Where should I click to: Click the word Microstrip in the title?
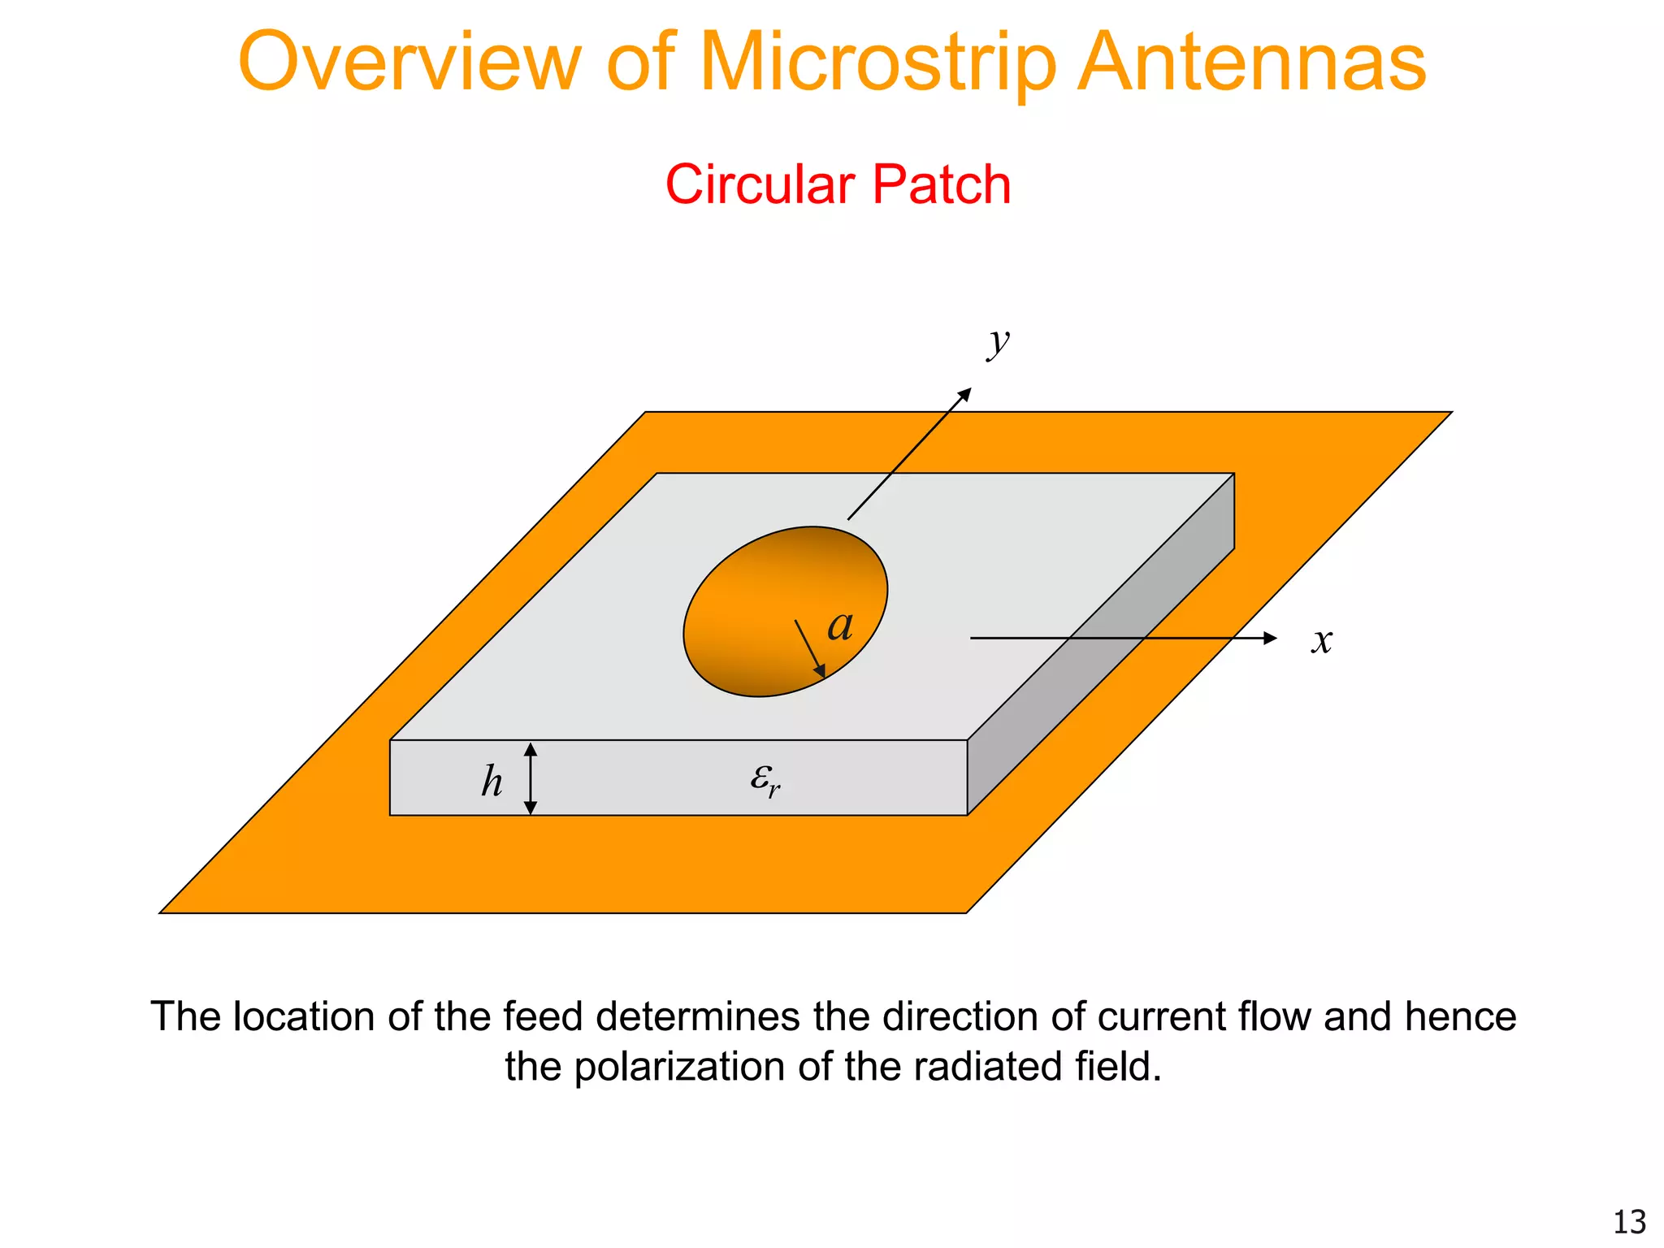(877, 63)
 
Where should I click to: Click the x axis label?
(1322, 641)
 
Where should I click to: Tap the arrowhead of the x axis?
(1270, 639)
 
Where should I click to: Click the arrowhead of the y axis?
(965, 394)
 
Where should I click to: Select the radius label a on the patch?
(840, 626)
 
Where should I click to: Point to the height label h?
(492, 782)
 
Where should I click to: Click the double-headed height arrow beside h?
(531, 778)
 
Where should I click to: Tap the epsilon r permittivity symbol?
(765, 779)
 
